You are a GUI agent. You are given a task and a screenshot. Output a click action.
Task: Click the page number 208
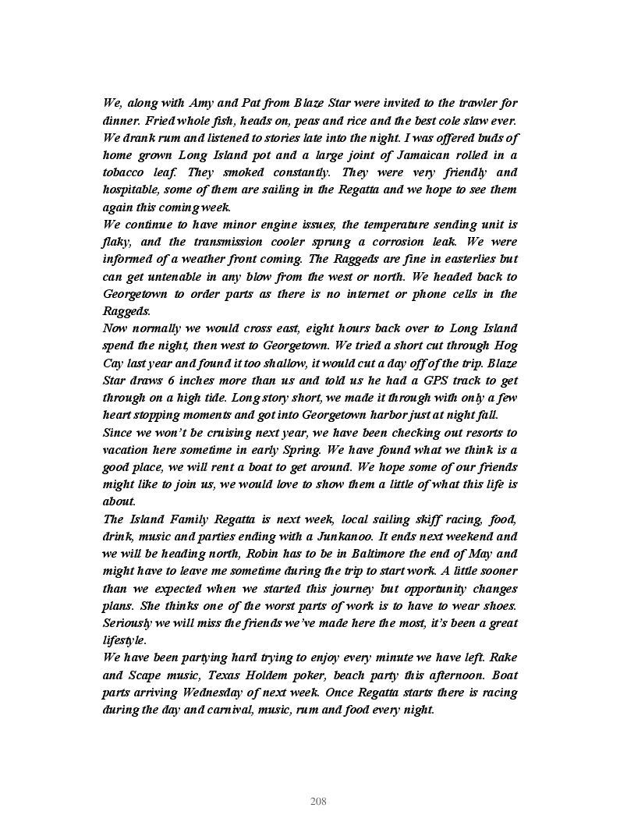318,802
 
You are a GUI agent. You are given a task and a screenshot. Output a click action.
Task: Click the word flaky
116,242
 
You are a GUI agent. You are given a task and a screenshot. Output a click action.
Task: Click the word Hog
506,345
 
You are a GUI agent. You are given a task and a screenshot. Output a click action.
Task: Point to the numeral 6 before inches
182,381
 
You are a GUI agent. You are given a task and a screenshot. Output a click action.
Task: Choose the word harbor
385,415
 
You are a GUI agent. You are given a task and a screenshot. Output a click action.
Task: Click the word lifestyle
124,640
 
